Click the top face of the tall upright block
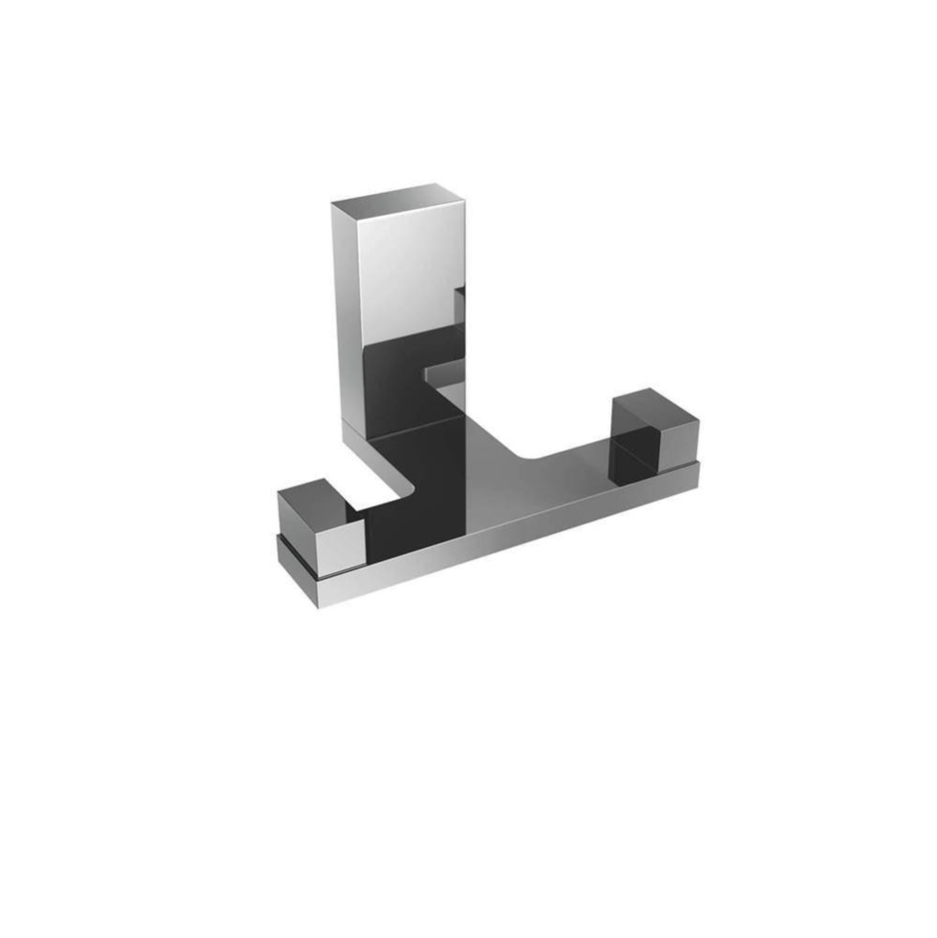coord(398,195)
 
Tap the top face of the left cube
coord(314,499)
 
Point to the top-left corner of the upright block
coord(332,203)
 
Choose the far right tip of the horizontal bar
coord(698,475)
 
